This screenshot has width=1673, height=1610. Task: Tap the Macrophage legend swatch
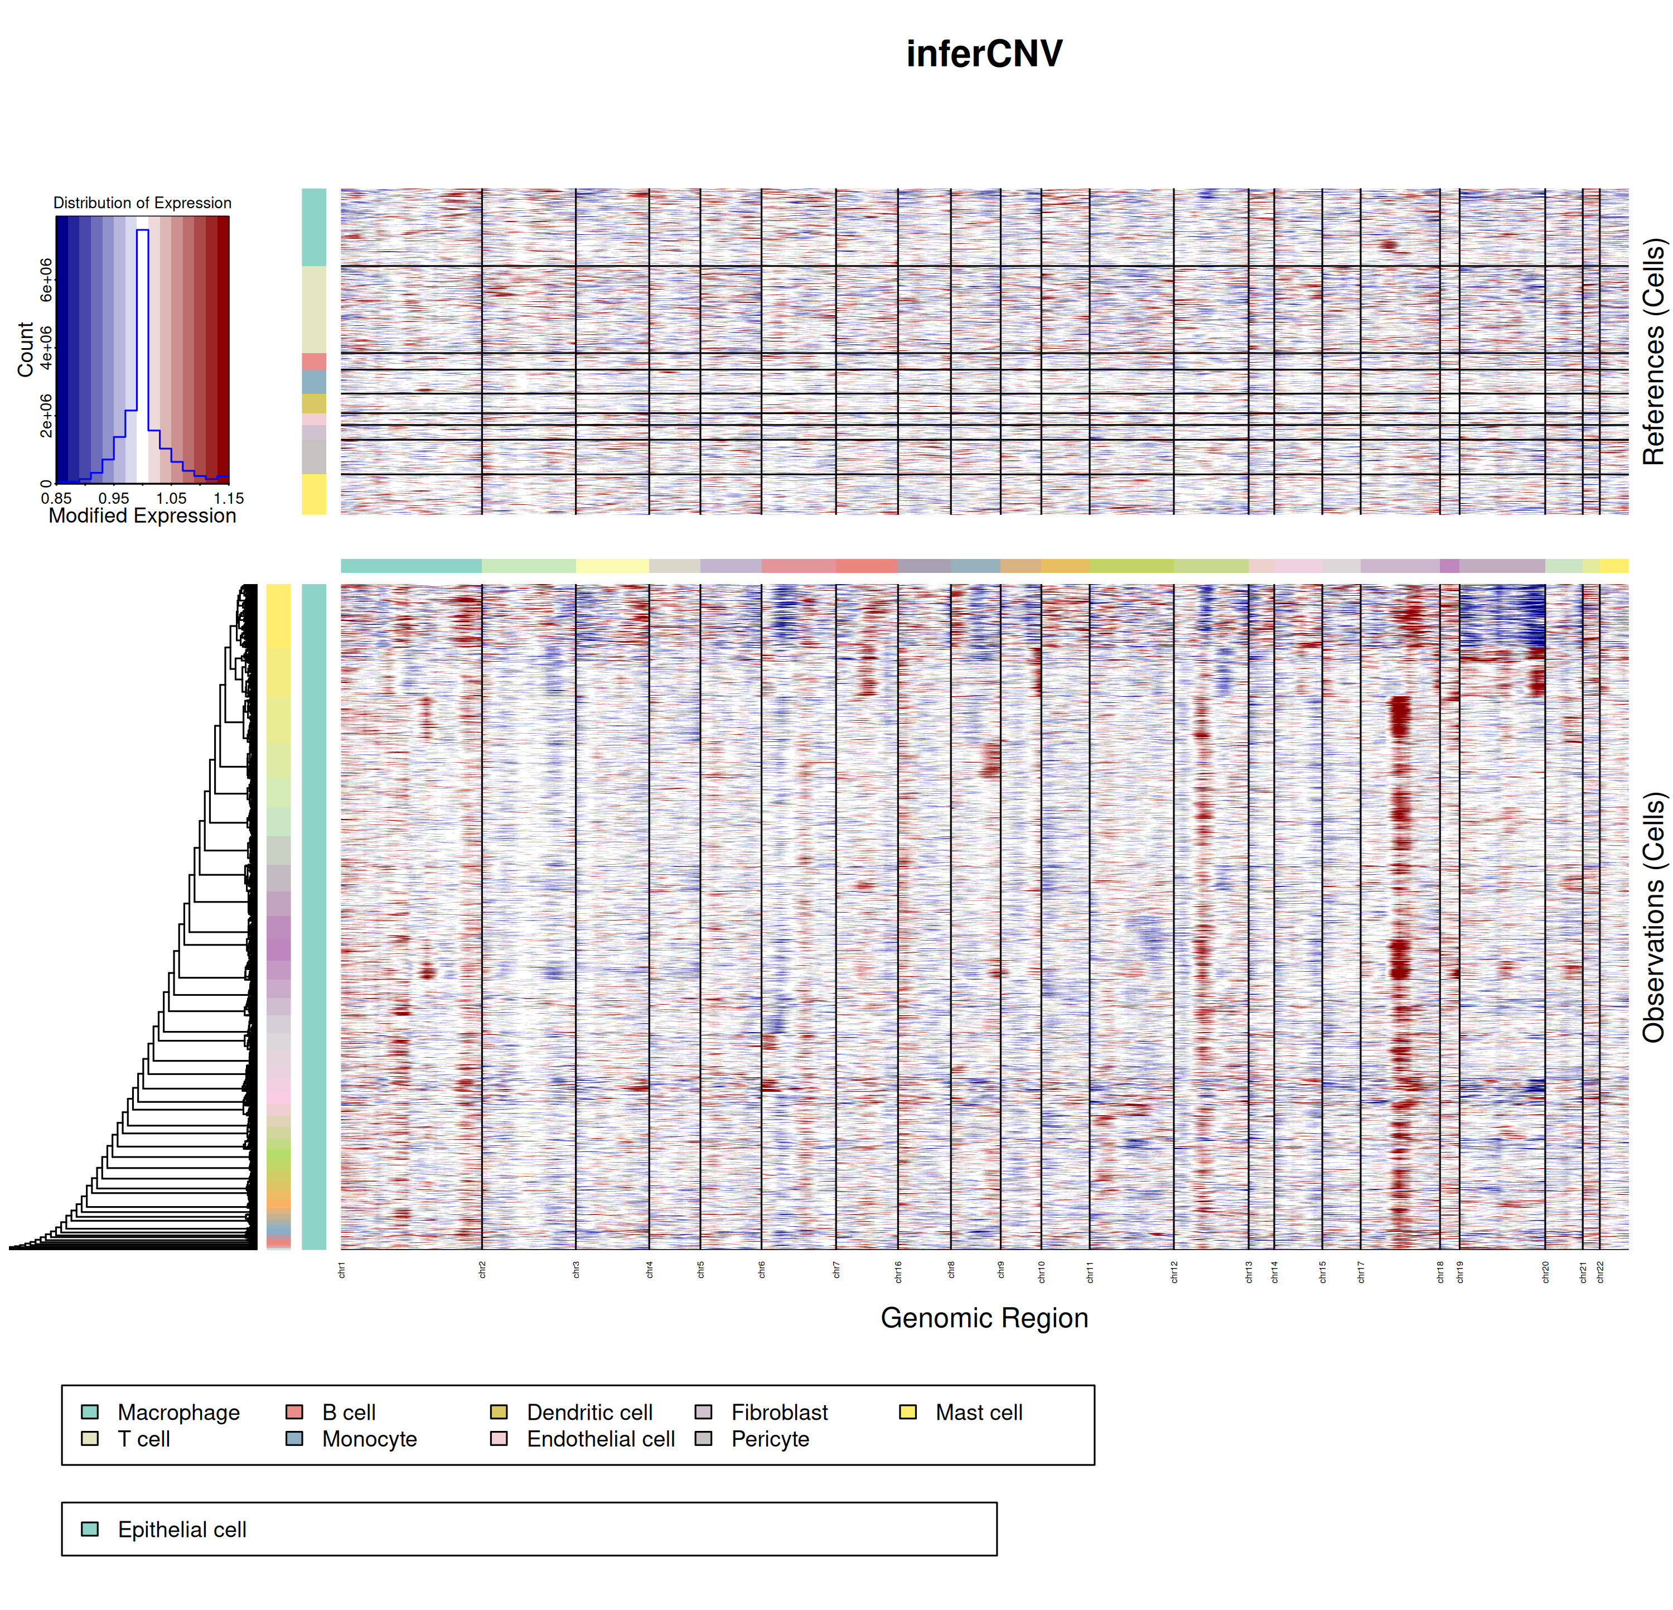pyautogui.click(x=90, y=1412)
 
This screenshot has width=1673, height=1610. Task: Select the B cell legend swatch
pyautogui.click(x=294, y=1412)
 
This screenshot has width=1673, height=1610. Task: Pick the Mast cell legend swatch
pyautogui.click(x=908, y=1412)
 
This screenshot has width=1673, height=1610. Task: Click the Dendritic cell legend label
pyautogui.click(x=589, y=1413)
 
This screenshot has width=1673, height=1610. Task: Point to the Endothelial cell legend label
pyautogui.click(x=600, y=1439)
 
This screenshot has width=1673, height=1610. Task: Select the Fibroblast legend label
pyautogui.click(x=779, y=1413)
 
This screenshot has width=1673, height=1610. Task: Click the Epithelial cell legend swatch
pyautogui.click(x=90, y=1529)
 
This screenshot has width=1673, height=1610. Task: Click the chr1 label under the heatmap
pyautogui.click(x=341, y=1270)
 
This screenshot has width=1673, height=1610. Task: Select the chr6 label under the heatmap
pyautogui.click(x=761, y=1270)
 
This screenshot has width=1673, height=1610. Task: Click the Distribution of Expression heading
pyautogui.click(x=143, y=203)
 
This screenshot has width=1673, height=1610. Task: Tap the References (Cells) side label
pyautogui.click(x=1653, y=351)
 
